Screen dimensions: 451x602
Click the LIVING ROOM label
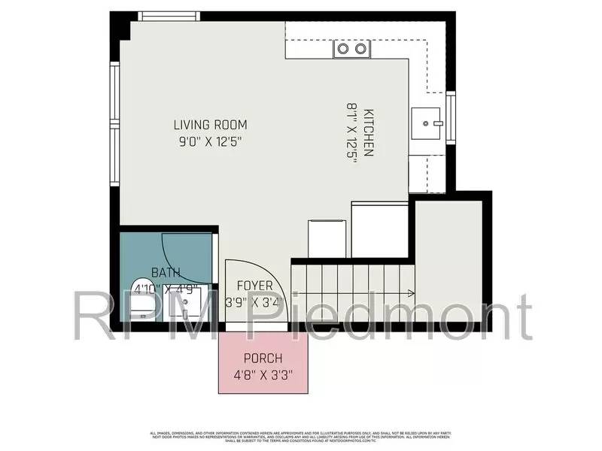(210, 125)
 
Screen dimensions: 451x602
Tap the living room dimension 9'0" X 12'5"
(210, 141)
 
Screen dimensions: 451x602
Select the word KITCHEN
(368, 133)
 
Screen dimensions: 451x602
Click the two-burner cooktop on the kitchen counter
(352, 49)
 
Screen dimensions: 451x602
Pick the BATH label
(166, 272)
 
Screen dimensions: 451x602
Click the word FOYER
(254, 286)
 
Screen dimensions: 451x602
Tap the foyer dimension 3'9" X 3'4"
(254, 303)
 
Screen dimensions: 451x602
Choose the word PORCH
(263, 359)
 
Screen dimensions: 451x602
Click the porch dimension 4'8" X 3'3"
(263, 374)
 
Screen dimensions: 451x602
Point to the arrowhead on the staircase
(411, 293)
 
